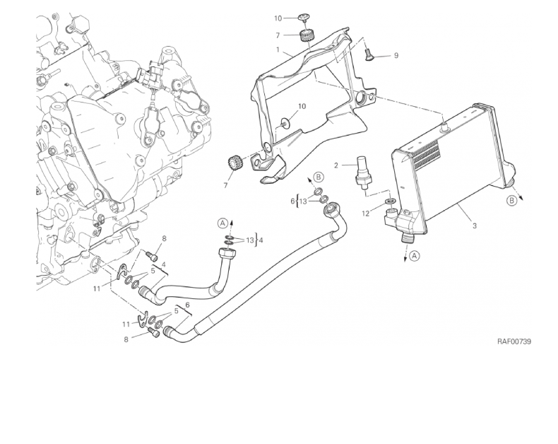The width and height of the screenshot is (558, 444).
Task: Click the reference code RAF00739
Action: pos(514,341)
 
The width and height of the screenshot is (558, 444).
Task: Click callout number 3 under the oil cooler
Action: pos(474,227)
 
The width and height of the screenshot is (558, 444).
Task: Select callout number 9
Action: pos(396,55)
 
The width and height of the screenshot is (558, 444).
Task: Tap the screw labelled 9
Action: pos(369,52)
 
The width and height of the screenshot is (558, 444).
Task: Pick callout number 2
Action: pos(337,165)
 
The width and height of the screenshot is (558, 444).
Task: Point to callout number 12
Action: pos(365,213)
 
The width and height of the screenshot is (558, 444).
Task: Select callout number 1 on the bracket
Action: pos(278,51)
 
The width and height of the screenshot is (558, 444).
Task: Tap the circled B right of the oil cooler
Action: pos(511,200)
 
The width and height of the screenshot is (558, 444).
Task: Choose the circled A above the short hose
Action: pos(223,223)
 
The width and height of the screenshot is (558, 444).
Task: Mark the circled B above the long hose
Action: pos(319,176)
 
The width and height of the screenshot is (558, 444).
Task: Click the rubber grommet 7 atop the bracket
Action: pos(307,35)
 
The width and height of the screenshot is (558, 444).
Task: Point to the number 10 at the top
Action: pos(278,18)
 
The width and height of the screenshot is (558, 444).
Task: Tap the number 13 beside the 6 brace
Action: pos(303,201)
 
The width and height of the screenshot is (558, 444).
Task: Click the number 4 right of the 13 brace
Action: pos(261,240)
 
